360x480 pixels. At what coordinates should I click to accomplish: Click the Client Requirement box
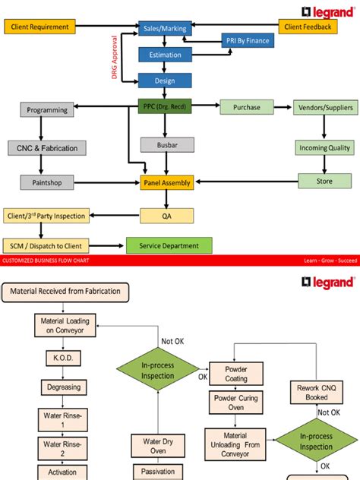(x=43, y=27)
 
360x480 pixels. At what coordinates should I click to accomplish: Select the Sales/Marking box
(x=165, y=27)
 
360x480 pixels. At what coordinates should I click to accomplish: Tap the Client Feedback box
(x=308, y=27)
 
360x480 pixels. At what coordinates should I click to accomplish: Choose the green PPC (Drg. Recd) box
(x=165, y=107)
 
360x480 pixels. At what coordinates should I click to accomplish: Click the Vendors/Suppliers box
(x=325, y=108)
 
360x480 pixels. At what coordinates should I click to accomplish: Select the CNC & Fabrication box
(x=47, y=147)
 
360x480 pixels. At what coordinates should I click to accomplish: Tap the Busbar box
(x=167, y=144)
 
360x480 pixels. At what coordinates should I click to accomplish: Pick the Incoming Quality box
(x=325, y=148)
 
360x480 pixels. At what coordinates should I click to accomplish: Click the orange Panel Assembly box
(x=167, y=182)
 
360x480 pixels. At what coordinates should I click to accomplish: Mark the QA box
(x=167, y=216)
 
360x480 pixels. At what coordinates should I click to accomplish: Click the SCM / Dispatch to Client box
(x=46, y=245)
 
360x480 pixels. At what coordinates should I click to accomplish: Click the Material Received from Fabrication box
(x=66, y=291)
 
